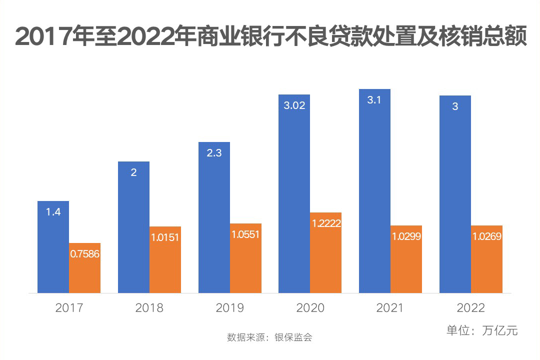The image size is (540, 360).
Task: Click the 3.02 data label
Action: pos(294,105)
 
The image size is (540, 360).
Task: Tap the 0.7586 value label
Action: pos(84,253)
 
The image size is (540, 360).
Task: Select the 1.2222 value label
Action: pos(326,223)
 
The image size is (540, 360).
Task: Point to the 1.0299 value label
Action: pos(406,236)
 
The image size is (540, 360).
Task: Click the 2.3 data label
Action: pos(214,153)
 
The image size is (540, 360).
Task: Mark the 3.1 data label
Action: pos(374,100)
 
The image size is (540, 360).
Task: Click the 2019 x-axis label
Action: pos(229,307)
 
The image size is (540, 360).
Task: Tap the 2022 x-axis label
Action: pos(470,307)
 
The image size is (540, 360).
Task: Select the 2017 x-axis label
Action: pos(69,307)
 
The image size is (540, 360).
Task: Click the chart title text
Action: pos(270,37)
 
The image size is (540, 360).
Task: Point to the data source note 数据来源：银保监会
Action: pos(269,337)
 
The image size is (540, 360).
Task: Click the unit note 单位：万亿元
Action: pos(482,330)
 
